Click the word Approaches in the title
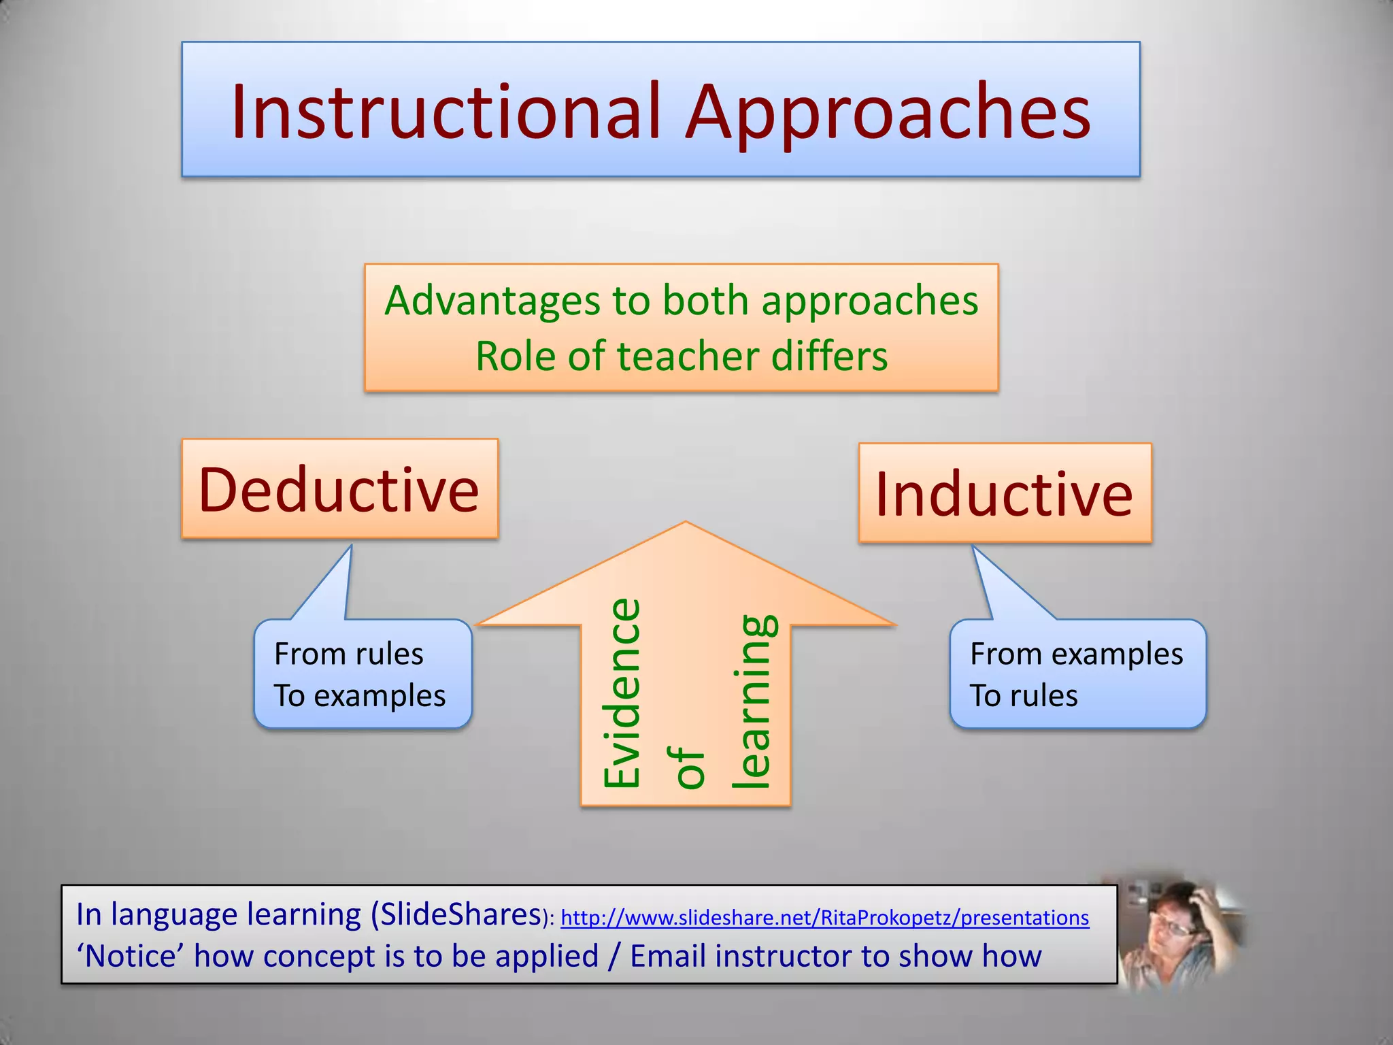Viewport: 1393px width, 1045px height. coord(888,112)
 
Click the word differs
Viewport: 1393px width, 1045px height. coord(829,356)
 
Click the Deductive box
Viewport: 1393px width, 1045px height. coord(339,489)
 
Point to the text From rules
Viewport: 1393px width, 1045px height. coord(349,654)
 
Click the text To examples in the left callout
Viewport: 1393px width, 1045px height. coord(360,695)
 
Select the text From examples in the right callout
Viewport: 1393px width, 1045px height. coord(1076,654)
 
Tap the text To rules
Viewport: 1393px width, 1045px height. coord(1024,695)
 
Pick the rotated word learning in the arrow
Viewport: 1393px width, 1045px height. coord(753,701)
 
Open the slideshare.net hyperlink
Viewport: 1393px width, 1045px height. coord(824,918)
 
